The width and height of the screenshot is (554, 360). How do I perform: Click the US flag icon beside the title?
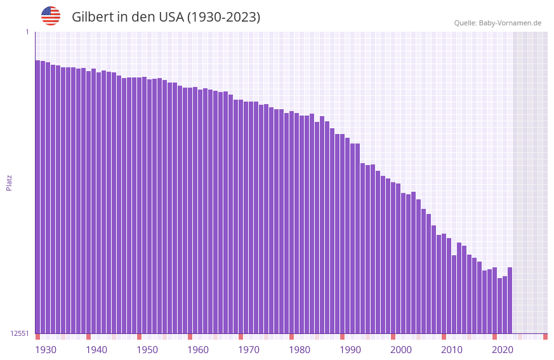click(51, 16)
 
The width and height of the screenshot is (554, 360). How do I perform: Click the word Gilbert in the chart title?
click(92, 17)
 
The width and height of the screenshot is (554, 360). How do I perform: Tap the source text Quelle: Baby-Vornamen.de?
click(498, 23)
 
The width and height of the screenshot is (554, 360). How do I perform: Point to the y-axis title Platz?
click(9, 182)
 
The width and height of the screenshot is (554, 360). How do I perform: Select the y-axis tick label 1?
click(27, 32)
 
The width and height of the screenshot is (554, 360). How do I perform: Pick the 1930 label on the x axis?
click(46, 350)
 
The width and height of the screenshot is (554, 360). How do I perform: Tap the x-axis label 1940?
click(96, 350)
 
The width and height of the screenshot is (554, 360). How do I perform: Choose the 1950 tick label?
click(147, 350)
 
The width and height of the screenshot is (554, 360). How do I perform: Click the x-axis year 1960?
click(198, 350)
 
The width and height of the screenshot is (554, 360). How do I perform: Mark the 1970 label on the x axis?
click(249, 350)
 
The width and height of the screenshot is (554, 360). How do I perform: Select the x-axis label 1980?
click(300, 350)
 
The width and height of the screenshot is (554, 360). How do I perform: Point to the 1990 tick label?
click(350, 350)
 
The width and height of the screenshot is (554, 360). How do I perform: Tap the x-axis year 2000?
click(401, 350)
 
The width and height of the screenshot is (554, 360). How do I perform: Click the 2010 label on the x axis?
click(452, 350)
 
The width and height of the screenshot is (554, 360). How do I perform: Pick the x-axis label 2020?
click(503, 350)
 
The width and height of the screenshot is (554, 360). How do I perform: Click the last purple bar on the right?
click(510, 300)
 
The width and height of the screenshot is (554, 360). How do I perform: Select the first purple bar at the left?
click(37, 197)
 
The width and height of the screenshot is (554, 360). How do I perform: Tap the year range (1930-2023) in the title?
click(223, 17)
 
